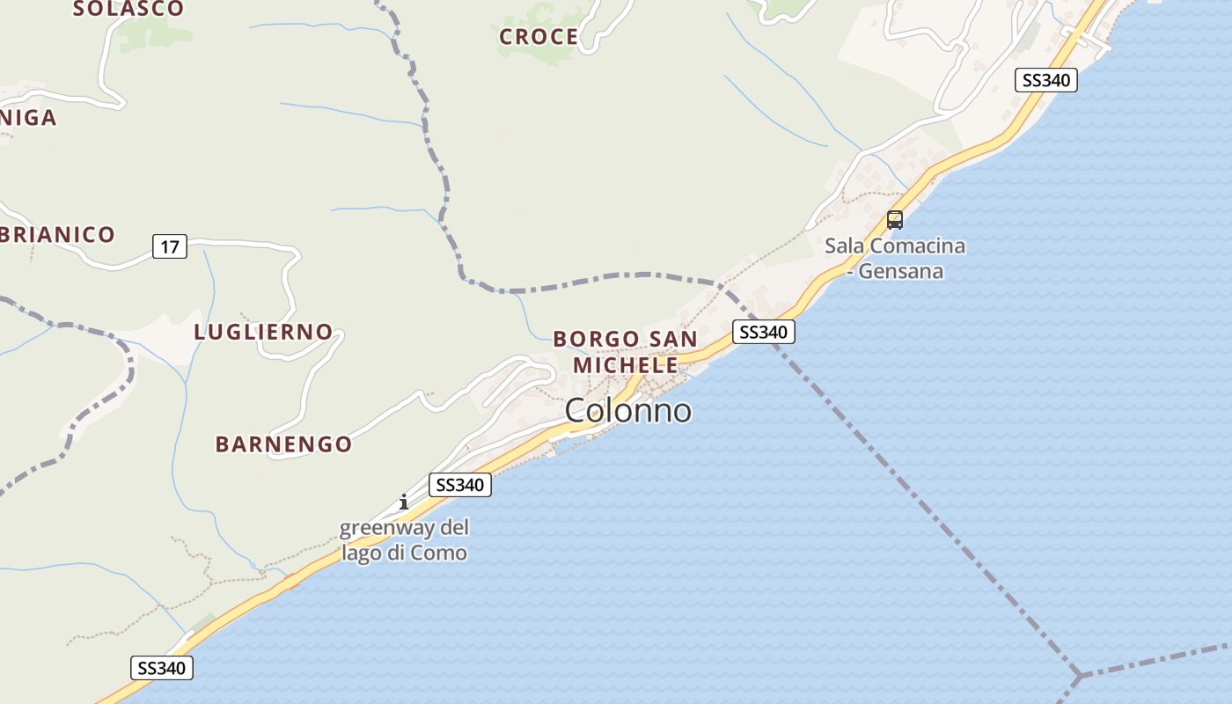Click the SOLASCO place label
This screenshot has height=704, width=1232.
(128, 9)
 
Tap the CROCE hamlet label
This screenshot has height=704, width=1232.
(539, 37)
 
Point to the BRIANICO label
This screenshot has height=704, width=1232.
(58, 235)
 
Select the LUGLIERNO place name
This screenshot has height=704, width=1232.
(263, 333)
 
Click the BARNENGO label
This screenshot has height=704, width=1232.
(283, 444)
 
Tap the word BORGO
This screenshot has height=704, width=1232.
(596, 339)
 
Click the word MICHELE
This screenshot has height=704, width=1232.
(625, 364)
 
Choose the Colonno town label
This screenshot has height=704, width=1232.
(627, 410)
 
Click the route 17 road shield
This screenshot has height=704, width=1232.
(169, 247)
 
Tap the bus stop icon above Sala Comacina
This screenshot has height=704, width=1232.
(895, 220)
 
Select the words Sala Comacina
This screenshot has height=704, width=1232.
(894, 246)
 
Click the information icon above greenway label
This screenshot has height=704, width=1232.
(403, 502)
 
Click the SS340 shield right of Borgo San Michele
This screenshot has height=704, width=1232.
(763, 332)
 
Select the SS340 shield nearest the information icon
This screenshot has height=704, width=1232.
(460, 485)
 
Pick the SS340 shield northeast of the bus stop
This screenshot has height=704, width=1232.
(1045, 80)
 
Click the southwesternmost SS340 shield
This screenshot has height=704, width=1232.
(161, 668)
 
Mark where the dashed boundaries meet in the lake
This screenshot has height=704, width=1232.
(1080, 675)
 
